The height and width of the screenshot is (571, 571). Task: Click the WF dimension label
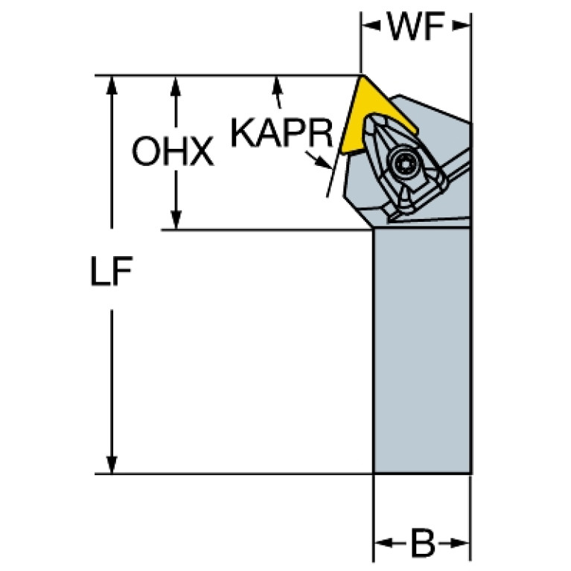(x=416, y=26)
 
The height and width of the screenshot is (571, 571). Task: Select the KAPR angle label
(x=282, y=133)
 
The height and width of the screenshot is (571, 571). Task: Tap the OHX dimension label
(x=173, y=151)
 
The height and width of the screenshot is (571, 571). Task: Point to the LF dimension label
(x=111, y=270)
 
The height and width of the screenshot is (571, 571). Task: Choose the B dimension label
(x=423, y=543)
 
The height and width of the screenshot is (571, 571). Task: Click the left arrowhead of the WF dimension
(x=370, y=25)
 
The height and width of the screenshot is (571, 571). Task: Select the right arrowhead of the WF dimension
(x=461, y=25)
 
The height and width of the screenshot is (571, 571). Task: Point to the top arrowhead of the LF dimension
(x=112, y=86)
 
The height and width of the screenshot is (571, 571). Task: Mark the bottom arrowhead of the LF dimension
(x=112, y=464)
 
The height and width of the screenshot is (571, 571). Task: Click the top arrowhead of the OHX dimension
(x=176, y=86)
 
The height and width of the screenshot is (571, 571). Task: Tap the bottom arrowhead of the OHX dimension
(x=176, y=220)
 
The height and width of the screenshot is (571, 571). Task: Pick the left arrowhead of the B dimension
(x=384, y=543)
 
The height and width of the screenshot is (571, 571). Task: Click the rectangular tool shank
(x=422, y=351)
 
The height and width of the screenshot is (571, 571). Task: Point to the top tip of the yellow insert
(x=363, y=76)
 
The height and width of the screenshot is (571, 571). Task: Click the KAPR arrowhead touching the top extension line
(x=277, y=84)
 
